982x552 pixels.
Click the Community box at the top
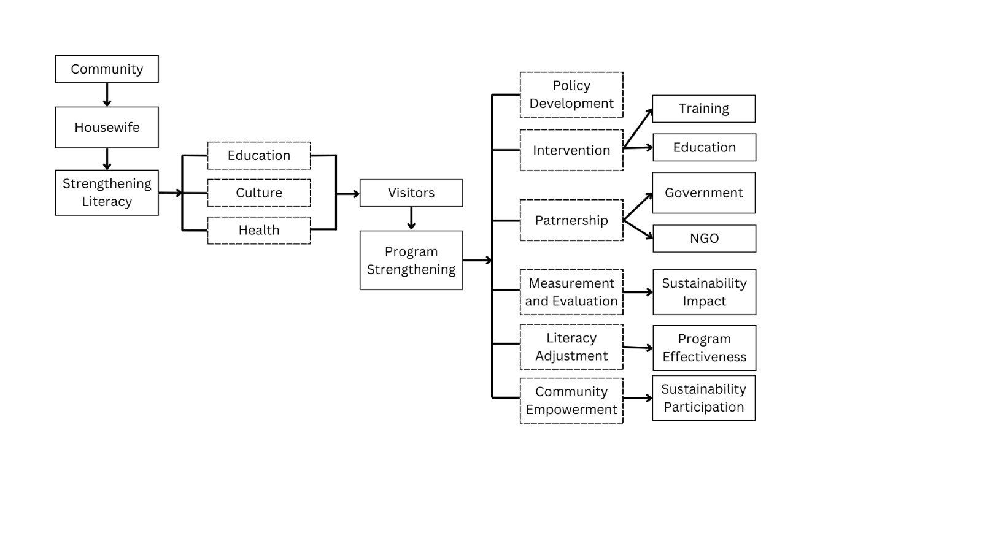[x=107, y=69]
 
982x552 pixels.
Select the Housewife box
[x=107, y=128]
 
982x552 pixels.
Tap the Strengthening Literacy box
[x=107, y=193]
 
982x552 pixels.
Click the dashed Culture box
[x=259, y=193]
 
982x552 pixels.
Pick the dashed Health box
[x=259, y=231]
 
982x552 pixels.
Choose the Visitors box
[x=411, y=193]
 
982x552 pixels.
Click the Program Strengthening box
[x=411, y=261]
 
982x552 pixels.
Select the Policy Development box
[x=571, y=94]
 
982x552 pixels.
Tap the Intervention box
[x=571, y=150]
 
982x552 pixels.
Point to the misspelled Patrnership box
[x=571, y=220]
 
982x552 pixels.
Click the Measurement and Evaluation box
[x=571, y=293]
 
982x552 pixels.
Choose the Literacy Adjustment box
[x=571, y=347]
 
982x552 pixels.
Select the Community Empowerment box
[x=571, y=401]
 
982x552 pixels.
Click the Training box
[x=704, y=109]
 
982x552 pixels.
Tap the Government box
[x=704, y=193]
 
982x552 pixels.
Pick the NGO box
[x=704, y=239]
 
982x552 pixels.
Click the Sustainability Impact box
[x=704, y=293]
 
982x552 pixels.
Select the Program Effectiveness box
[x=704, y=348]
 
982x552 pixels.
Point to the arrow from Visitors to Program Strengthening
[x=411, y=218]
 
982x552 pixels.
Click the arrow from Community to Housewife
[x=107, y=95]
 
